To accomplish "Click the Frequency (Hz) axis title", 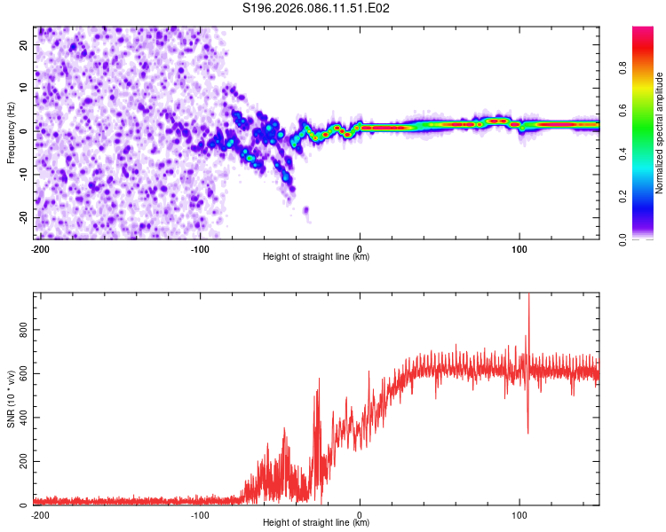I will pos(12,132).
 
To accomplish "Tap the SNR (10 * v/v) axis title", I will pos(12,400).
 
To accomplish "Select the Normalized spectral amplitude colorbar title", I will pos(660,133).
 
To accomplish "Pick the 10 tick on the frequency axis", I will pos(25,87).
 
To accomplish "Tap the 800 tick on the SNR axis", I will pos(21,328).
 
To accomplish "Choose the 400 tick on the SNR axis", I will pos(21,418).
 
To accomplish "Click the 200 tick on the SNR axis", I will pos(21,462).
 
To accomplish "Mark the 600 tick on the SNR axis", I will pos(21,372).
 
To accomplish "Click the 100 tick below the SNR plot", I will pos(519,514).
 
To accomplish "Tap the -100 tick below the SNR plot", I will pos(200,514).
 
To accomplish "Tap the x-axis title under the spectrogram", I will pos(316,257).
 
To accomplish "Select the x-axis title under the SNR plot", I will pos(316,523).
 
